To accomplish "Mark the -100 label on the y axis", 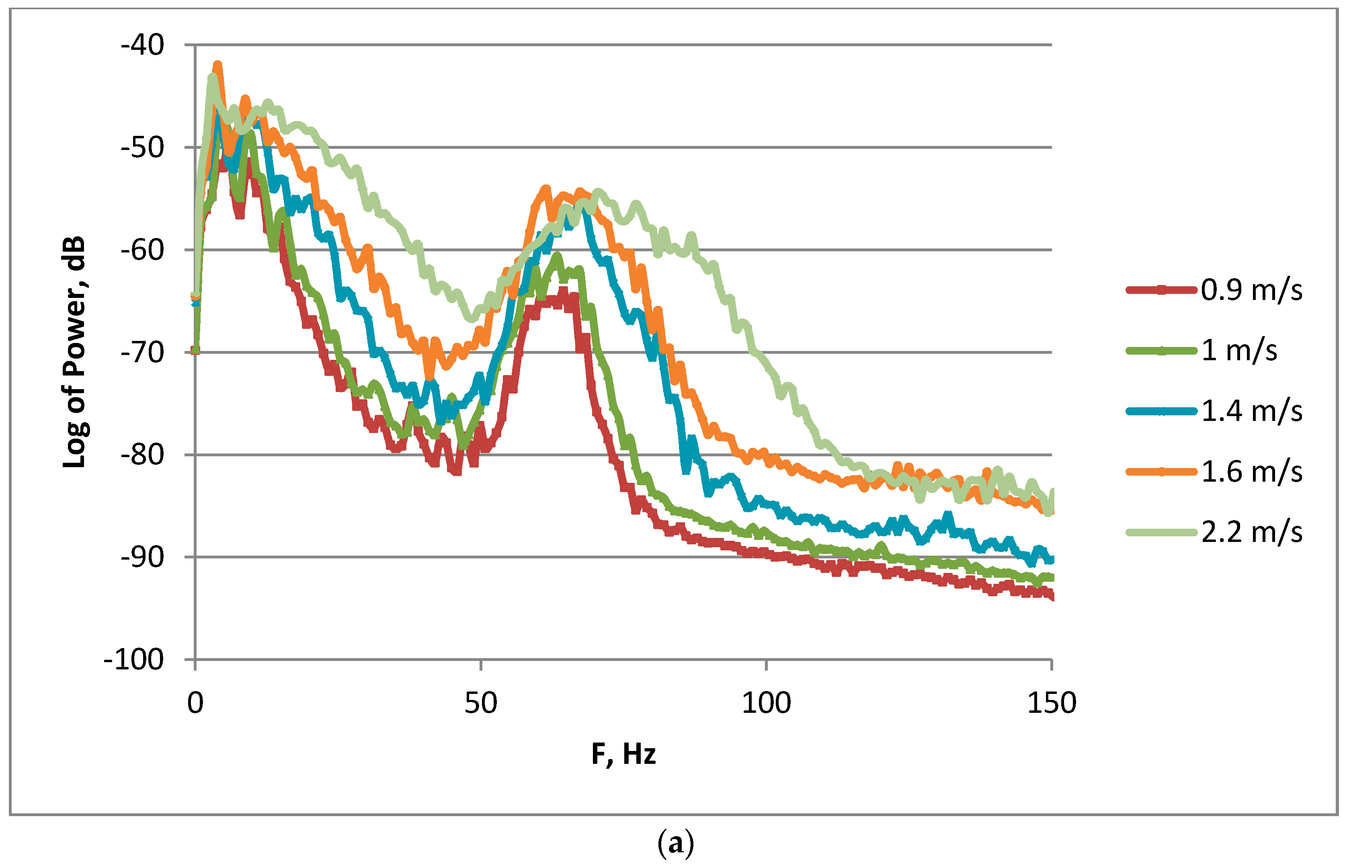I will click(x=134, y=659).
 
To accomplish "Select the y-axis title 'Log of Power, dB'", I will click(x=74, y=352).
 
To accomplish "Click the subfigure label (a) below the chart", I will click(x=676, y=843).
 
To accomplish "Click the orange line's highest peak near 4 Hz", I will click(x=217, y=66).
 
